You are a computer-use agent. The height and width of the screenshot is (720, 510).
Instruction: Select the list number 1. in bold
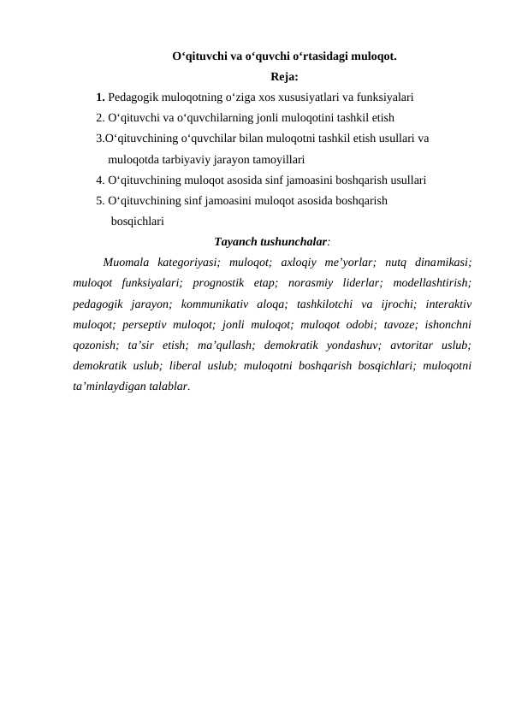click(101, 97)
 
